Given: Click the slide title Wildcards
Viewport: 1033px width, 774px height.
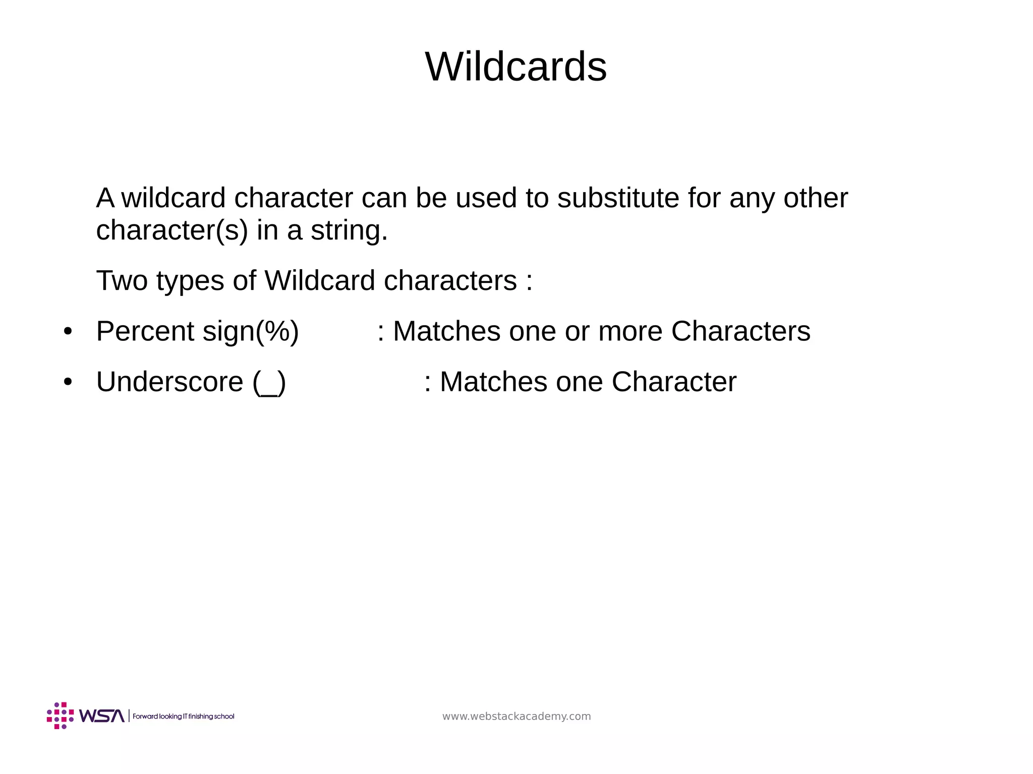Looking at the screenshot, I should click(x=516, y=67).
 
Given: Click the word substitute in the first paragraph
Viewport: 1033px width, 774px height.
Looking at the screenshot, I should click(x=618, y=198).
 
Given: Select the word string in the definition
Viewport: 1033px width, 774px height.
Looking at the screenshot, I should click(x=349, y=230).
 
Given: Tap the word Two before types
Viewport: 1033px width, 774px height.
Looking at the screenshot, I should click(x=122, y=280).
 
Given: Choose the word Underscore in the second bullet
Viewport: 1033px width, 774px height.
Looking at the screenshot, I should click(x=169, y=382).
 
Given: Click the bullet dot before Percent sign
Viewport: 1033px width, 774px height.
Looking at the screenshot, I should click(x=68, y=332).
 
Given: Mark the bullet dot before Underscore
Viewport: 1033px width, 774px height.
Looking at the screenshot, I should click(x=68, y=382).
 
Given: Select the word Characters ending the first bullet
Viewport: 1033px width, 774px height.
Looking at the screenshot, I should click(x=740, y=331).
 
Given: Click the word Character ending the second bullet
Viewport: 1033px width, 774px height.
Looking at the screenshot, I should click(x=674, y=382).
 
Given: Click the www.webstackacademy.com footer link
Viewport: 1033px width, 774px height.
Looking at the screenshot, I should click(x=516, y=717).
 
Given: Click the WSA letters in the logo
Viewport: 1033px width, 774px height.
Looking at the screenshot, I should click(x=101, y=716).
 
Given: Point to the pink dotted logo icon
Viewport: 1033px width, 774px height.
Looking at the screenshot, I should click(x=60, y=716).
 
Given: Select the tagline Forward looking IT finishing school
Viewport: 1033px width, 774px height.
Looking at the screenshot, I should click(x=184, y=717).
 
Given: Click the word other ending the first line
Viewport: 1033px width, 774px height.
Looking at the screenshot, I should click(x=815, y=198).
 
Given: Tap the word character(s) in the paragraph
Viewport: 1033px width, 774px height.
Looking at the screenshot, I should click(x=172, y=230).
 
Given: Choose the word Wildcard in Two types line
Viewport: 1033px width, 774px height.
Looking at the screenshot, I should click(x=320, y=280).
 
